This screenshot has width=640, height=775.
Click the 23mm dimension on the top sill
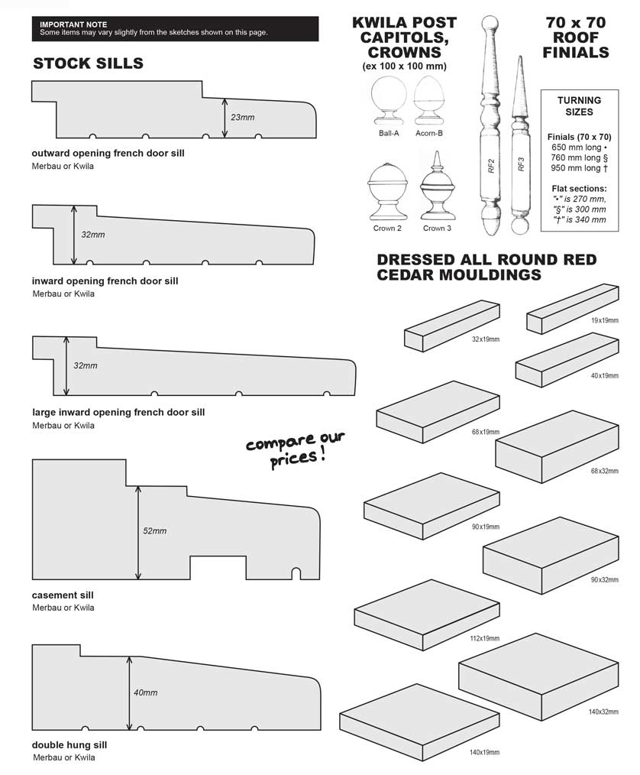(x=242, y=118)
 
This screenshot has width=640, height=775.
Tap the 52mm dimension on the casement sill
(x=154, y=530)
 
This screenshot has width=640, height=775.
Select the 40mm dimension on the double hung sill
(x=145, y=692)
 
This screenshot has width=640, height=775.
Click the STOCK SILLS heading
(x=88, y=63)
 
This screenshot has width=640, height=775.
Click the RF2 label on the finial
(x=491, y=164)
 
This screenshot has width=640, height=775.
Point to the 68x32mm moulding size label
(x=603, y=470)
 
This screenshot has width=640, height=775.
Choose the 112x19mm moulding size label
(x=484, y=637)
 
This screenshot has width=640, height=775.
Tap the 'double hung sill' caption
(x=69, y=744)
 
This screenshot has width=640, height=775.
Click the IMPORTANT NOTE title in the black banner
(x=73, y=25)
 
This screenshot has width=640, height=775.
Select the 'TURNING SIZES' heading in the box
(x=579, y=105)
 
